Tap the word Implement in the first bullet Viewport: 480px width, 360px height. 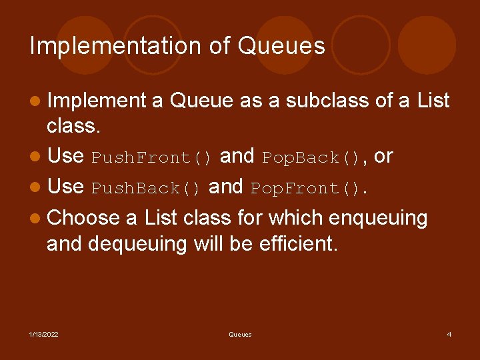coord(97,101)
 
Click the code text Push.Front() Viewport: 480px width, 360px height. coord(152,157)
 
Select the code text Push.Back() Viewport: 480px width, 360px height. coord(146,188)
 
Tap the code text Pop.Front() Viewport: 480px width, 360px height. coord(309,188)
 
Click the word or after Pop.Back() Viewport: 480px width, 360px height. coord(384,157)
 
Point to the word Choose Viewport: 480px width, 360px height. coord(83,217)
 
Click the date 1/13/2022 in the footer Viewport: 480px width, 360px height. coord(43,334)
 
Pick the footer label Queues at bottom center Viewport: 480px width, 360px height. coord(240,334)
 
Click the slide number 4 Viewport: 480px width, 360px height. coord(449,334)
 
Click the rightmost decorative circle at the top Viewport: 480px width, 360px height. coord(427,45)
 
